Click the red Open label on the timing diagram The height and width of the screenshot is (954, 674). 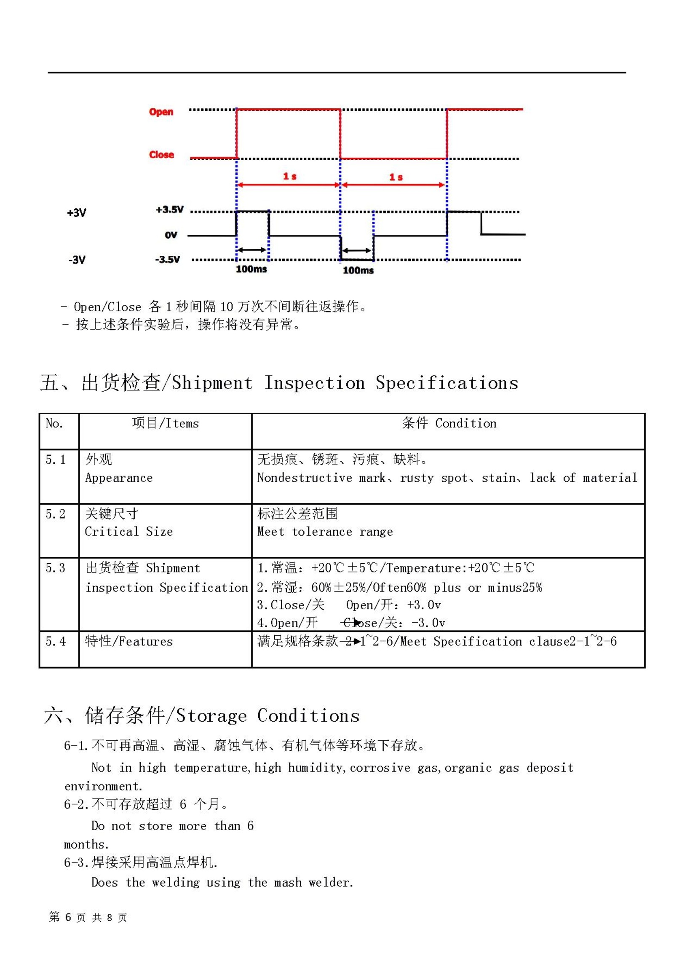[161, 112]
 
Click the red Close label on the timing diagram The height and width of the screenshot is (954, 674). [161, 155]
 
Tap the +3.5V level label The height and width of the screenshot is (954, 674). [169, 210]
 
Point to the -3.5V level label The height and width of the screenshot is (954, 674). [168, 259]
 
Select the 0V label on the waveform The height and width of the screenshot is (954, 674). [171, 235]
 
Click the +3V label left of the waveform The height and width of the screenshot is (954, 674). [77, 212]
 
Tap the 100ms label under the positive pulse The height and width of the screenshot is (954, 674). [251, 269]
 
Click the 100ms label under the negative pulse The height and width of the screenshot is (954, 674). [358, 270]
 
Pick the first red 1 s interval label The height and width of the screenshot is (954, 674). [289, 176]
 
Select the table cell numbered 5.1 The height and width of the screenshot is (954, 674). [56, 460]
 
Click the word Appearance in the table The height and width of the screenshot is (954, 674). [119, 478]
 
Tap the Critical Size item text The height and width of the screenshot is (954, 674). [128, 532]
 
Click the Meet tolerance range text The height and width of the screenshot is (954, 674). [325, 532]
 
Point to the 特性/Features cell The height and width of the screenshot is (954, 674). [129, 642]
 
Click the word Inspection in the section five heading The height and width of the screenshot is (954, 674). [314, 383]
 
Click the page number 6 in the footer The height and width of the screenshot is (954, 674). [68, 917]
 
